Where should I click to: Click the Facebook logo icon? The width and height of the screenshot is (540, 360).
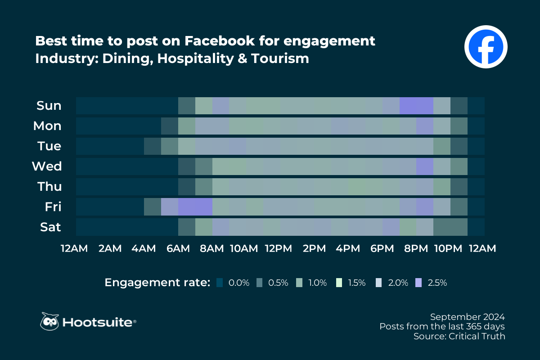tap(486, 47)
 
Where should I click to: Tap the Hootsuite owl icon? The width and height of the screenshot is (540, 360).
tap(50, 322)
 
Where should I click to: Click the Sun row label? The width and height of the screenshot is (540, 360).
tap(49, 106)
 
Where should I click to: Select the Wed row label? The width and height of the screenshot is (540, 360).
tap(46, 166)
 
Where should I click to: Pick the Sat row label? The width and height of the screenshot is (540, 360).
tap(50, 227)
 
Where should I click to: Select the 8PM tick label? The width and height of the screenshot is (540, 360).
tap(416, 248)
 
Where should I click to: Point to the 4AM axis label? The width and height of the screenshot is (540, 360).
tap(144, 248)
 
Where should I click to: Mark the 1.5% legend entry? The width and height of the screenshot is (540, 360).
tap(351, 283)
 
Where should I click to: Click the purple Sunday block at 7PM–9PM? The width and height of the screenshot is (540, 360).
tap(416, 106)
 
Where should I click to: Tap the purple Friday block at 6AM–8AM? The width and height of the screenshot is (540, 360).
tap(195, 207)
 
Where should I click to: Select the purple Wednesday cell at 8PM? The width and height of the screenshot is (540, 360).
tap(424, 166)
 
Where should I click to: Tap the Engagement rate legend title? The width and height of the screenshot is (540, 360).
tap(157, 283)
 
